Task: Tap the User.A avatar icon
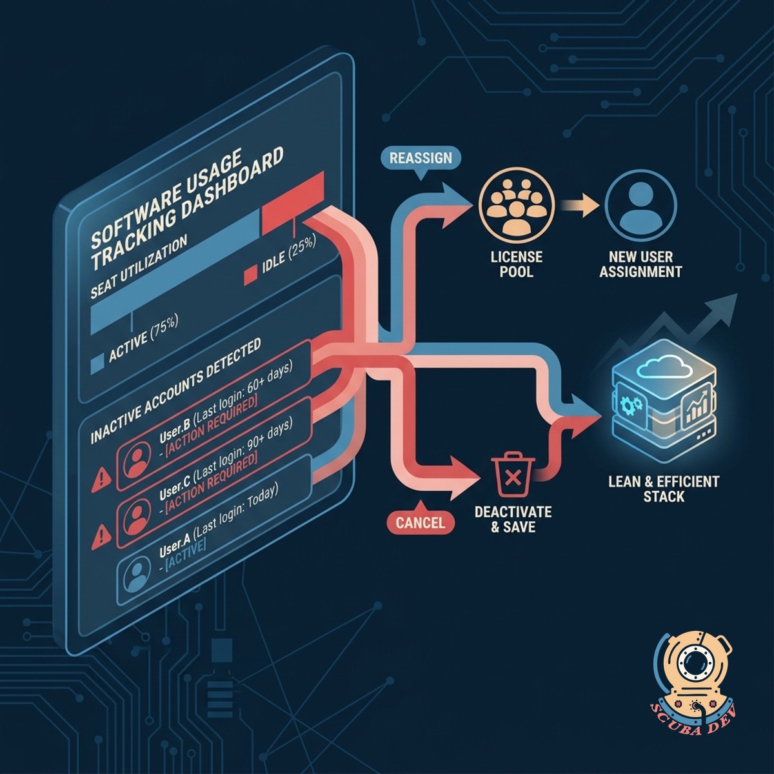[x=135, y=572]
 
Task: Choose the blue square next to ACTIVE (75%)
[x=97, y=364]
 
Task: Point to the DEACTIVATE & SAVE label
[x=513, y=519]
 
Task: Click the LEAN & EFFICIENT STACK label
[x=664, y=488]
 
